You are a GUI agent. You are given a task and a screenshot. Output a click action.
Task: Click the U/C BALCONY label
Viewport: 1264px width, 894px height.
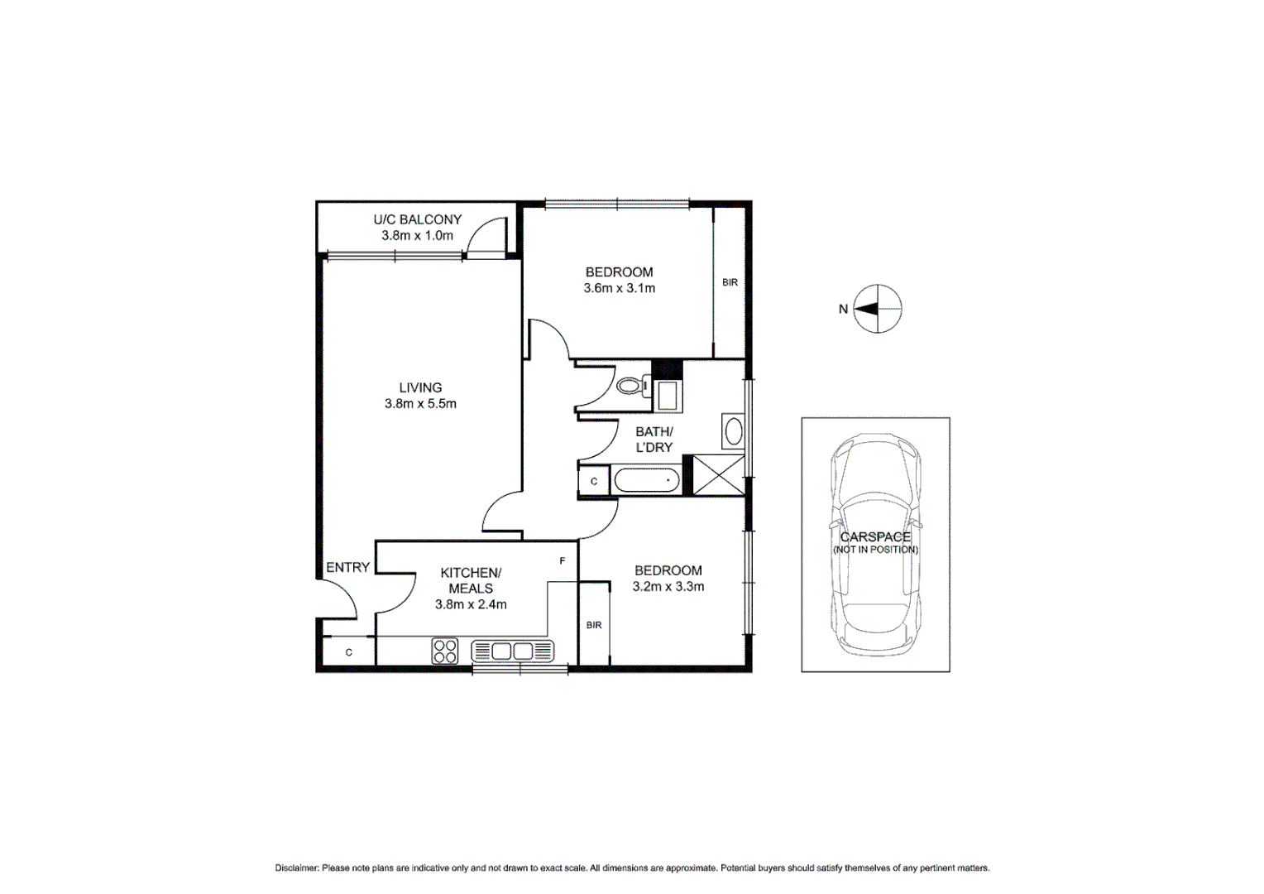coord(417,219)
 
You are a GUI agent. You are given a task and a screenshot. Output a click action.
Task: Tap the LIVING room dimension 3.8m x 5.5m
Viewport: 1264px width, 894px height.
coord(420,404)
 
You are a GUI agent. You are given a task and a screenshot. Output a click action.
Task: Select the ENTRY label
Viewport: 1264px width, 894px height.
coord(347,568)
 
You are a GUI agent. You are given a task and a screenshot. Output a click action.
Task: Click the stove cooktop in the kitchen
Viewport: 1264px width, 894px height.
coord(445,651)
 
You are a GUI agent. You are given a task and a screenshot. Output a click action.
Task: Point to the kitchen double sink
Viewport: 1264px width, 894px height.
coord(511,651)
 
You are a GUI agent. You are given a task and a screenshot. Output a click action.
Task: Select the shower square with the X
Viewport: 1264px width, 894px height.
coord(718,475)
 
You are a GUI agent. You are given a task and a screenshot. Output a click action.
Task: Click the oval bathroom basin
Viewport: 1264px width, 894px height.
coord(733,431)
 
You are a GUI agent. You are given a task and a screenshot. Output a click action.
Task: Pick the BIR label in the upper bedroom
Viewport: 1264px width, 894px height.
coord(730,283)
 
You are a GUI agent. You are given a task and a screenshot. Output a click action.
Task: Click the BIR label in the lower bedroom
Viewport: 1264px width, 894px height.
coord(594,625)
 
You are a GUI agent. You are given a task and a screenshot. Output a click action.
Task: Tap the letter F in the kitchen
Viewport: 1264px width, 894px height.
coord(563,561)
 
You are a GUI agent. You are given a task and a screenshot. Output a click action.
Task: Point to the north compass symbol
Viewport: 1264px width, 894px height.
coord(877,309)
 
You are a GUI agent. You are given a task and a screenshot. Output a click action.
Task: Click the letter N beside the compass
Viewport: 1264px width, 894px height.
coord(843,309)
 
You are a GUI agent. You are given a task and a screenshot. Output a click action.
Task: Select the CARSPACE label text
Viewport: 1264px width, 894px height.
coord(875,537)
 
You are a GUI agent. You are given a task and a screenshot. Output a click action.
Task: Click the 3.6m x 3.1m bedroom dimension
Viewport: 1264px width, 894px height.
coord(619,289)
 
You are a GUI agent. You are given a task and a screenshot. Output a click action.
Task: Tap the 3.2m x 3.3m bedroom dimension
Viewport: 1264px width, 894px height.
coord(668,587)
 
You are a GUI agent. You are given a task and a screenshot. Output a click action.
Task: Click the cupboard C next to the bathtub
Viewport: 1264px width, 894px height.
coord(594,481)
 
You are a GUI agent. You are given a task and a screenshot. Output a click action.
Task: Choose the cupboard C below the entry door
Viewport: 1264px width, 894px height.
coord(349,652)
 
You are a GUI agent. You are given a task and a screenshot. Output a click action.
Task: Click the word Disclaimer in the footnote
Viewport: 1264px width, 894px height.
coord(296,868)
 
